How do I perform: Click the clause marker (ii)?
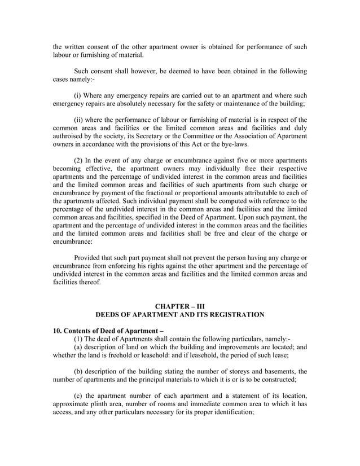click(81, 120)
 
